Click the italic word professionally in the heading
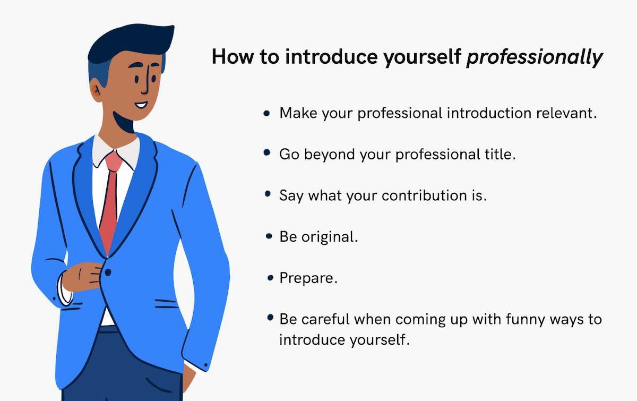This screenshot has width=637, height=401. coord(534,57)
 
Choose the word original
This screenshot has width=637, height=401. coord(330,236)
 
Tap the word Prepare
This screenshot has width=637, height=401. coord(308,278)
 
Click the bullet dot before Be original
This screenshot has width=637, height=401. coord(269,236)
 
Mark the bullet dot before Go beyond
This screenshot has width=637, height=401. coord(267,153)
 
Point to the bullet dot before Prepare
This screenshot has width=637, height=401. coord(270,277)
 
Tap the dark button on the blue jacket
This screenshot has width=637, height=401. coord(108,273)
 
